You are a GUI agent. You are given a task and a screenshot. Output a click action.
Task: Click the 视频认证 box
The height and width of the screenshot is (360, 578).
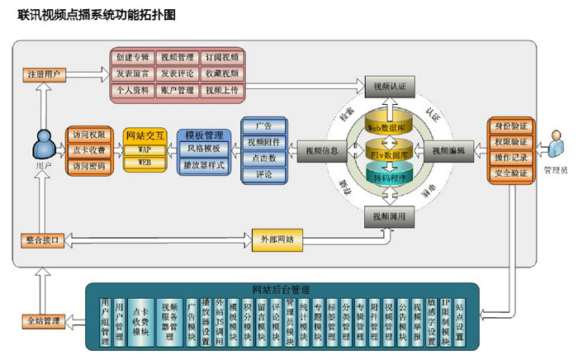[388, 86]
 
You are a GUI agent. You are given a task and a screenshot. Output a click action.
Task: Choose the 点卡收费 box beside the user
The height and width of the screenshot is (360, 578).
[90, 150]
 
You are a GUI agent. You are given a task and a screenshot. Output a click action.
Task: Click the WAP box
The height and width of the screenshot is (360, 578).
[144, 150]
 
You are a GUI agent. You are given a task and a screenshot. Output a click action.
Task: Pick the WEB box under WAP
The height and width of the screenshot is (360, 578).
[144, 163]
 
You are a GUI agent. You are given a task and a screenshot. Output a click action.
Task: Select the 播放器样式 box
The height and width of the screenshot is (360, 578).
[203, 164]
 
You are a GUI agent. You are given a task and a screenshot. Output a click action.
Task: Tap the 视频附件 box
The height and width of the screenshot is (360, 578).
[264, 143]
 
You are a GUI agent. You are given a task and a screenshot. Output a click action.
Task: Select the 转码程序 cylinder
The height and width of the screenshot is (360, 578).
[389, 175]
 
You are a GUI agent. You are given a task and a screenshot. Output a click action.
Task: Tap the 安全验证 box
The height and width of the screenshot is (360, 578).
[509, 173]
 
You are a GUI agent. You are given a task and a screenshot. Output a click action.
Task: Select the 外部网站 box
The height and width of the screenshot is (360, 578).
[276, 241]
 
